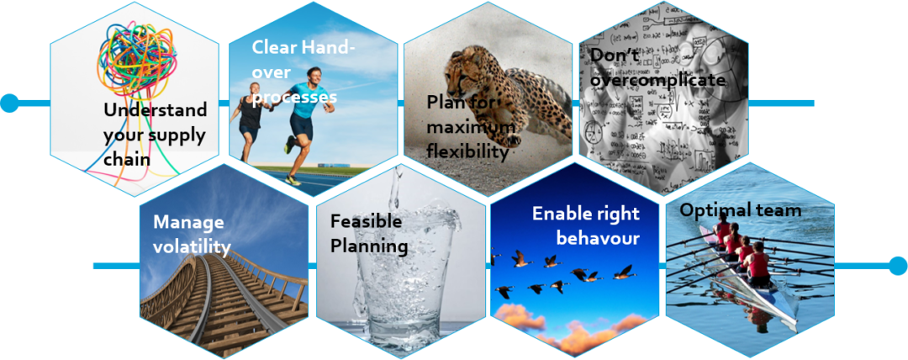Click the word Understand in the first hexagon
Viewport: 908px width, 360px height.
[155, 111]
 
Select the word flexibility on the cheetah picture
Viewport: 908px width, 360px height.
[467, 151]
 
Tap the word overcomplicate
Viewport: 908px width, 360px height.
[657, 79]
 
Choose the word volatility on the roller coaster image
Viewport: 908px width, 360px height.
[192, 246]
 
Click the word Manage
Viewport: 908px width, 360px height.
[188, 222]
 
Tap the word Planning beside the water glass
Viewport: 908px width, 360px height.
[369, 246]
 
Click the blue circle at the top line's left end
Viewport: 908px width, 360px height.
[9, 103]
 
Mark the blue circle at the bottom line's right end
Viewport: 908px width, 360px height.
[898, 266]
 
